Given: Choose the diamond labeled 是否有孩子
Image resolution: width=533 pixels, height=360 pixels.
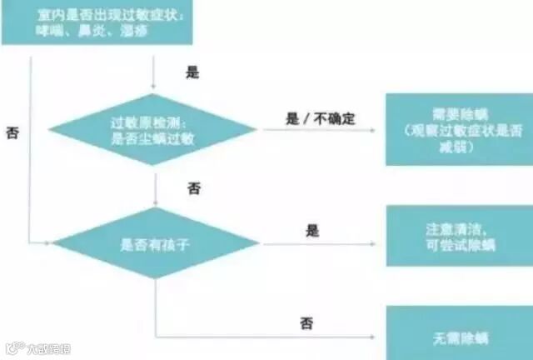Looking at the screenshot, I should point(154,243).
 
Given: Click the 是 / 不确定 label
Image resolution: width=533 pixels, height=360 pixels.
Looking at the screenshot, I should point(320,119).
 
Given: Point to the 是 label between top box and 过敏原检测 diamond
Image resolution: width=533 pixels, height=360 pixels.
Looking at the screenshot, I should point(192,72).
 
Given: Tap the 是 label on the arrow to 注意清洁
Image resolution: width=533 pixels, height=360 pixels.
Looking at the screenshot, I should point(313,230).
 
